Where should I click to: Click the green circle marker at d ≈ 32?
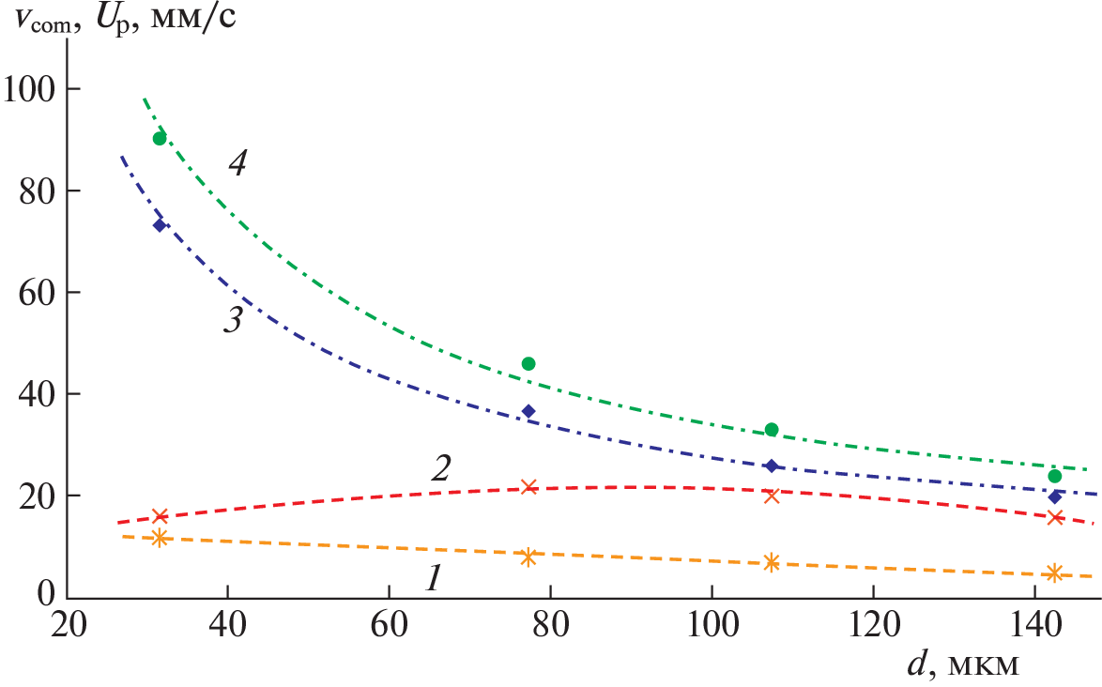tap(160, 139)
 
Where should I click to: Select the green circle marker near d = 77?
tap(528, 363)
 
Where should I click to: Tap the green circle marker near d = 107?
tap(772, 430)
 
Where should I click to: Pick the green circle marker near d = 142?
tap(1054, 476)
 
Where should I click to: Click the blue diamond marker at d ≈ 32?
tap(160, 225)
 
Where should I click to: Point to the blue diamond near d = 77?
tap(528, 411)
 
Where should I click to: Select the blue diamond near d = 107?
tap(772, 466)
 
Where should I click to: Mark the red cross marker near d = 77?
tap(528, 486)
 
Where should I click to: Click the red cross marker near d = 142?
tap(1054, 517)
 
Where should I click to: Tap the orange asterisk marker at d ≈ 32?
tap(160, 538)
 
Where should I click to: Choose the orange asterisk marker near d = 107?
tap(772, 562)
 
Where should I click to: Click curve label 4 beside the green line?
tap(237, 163)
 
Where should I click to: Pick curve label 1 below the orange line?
tap(432, 580)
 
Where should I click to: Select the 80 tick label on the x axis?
tap(549, 624)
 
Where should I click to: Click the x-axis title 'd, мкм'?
tap(961, 664)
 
